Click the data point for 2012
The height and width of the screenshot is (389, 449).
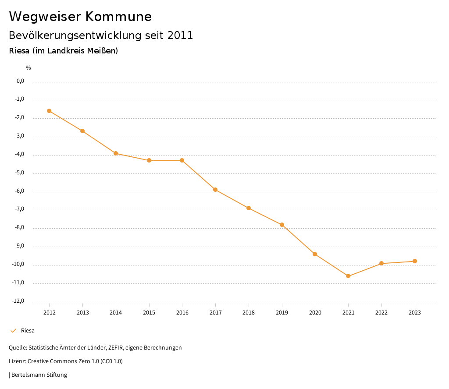click(49, 111)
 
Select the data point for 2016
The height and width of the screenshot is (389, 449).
click(182, 160)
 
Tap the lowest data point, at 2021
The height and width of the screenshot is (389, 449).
click(348, 276)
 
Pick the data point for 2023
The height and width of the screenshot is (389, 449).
click(415, 261)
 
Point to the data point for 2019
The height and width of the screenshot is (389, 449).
click(282, 225)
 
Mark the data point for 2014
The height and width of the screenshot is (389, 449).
click(116, 153)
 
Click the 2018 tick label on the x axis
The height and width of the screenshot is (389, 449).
click(249, 312)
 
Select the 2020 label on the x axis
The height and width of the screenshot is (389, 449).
click(315, 312)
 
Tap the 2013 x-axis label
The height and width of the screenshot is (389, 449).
click(82, 312)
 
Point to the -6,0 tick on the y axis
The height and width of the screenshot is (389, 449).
click(19, 191)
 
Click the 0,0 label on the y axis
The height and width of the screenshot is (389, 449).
click(20, 81)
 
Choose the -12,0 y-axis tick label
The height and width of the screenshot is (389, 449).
click(18, 301)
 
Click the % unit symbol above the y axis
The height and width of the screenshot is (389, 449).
click(29, 68)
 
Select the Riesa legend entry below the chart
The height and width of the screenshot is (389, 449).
click(28, 331)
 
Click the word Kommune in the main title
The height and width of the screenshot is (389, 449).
click(118, 17)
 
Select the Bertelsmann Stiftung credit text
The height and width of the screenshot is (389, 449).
click(39, 375)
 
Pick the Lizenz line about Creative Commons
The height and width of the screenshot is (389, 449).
click(66, 361)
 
